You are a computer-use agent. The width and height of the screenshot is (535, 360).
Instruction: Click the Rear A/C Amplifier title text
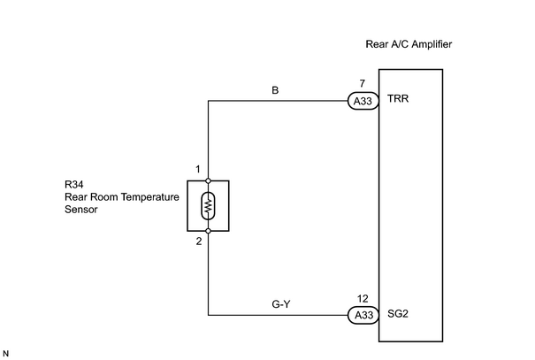point(409,44)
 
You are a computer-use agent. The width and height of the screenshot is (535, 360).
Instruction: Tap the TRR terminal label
point(398,98)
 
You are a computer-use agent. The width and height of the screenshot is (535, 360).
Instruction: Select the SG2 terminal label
point(398,314)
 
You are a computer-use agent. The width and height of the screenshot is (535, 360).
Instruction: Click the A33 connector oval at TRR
point(363,101)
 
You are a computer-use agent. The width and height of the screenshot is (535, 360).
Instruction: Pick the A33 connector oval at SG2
point(363,315)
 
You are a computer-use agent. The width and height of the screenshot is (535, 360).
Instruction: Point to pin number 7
point(362,84)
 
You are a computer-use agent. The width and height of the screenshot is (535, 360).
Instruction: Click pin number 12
point(363,299)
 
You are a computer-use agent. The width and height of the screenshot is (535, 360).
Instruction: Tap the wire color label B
point(275,90)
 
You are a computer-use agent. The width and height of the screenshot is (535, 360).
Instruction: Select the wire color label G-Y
point(281,303)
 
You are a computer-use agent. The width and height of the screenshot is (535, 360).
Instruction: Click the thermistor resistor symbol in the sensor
point(208,206)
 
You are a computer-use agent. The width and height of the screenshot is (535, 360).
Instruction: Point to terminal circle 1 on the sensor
point(208,180)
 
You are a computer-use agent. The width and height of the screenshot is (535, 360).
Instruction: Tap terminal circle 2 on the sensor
point(208,231)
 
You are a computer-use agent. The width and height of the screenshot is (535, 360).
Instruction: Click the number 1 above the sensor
point(198,169)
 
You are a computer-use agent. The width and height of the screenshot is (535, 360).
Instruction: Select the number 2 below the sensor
point(199,241)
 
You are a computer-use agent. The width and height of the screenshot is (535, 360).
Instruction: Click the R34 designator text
point(73,185)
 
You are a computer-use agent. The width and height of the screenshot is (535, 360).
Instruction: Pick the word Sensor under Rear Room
point(80,209)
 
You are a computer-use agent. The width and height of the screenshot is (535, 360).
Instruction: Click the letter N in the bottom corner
point(5,354)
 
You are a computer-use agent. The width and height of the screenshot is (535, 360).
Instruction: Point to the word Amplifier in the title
point(432,44)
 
